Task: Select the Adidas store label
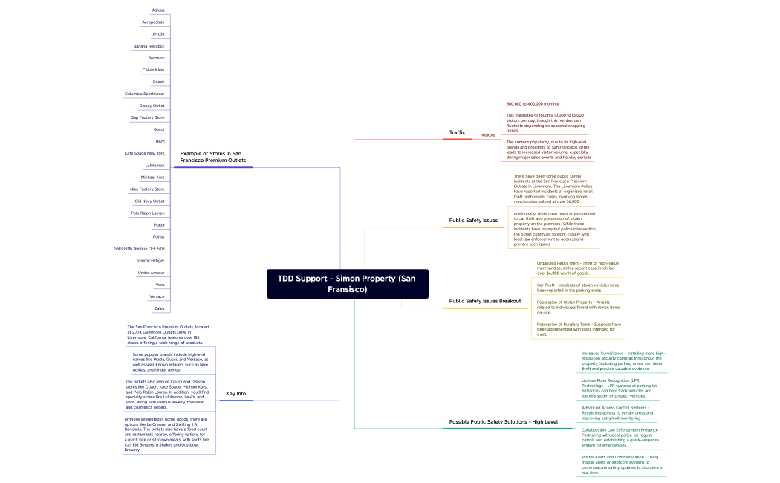pos(158,10)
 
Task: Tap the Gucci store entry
pos(159,129)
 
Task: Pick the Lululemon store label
pos(155,165)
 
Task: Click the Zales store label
pos(159,308)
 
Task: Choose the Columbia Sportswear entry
pos(145,94)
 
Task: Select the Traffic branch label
pos(457,132)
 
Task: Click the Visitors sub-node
pos(488,135)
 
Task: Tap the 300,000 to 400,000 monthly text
pos(533,104)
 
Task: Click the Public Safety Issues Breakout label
pos(484,301)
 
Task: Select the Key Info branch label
pos(235,393)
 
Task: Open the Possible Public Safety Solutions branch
pos(503,422)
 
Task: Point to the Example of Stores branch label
pos(212,156)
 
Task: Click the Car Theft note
pos(578,288)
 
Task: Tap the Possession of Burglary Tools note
pos(579,329)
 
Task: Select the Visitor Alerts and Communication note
pos(623,464)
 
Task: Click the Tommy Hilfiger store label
pos(150,261)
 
